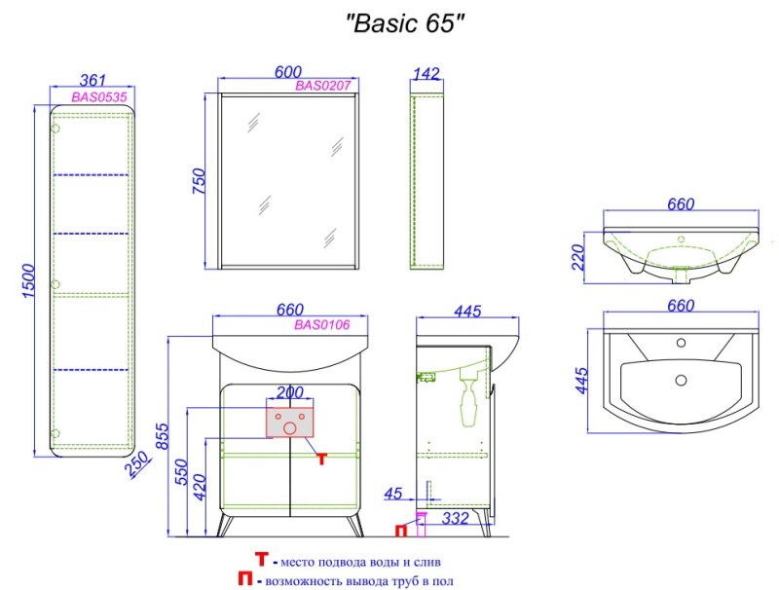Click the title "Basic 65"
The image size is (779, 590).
(404, 23)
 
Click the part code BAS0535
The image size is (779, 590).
(99, 96)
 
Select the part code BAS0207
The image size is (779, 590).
(323, 86)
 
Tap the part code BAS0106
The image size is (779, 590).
(322, 325)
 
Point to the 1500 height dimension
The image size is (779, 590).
(29, 281)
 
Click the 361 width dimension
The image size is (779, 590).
(93, 80)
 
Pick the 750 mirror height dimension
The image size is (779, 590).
(199, 181)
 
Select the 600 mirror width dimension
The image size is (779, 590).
(288, 72)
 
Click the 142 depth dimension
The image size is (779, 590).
(427, 73)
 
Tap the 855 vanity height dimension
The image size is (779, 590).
(163, 436)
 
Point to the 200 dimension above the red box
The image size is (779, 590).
(289, 392)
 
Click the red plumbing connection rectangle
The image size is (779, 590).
(289, 423)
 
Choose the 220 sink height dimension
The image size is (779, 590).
(578, 257)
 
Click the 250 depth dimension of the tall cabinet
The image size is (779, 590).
(137, 463)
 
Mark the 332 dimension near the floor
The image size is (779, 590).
(455, 519)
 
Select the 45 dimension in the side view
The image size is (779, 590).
(393, 494)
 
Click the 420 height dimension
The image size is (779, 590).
(199, 487)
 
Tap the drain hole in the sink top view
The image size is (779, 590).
(681, 381)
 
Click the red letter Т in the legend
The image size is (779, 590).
(262, 559)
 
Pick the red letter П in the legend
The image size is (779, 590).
(245, 578)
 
